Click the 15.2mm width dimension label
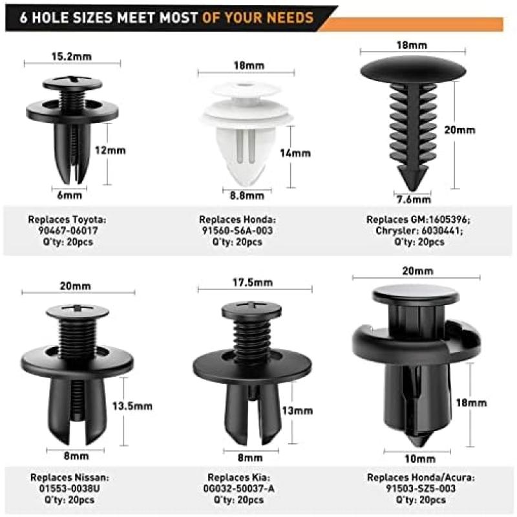pyautogui.click(x=72, y=57)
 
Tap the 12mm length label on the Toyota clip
pyautogui.click(x=111, y=151)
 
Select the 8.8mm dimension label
pyautogui.click(x=247, y=196)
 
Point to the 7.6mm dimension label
pyautogui.click(x=414, y=200)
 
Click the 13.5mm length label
pyautogui.click(x=132, y=406)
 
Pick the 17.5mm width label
pyautogui.click(x=253, y=282)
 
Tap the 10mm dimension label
pyautogui.click(x=420, y=459)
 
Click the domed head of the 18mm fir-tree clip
pyautogui.click(x=413, y=70)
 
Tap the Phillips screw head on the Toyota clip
pyautogui.click(x=72, y=83)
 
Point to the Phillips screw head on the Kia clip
pyautogui.click(x=251, y=310)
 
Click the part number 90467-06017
pyautogui.click(x=69, y=231)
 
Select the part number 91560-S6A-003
pyautogui.click(x=237, y=231)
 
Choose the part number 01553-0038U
pyautogui.click(x=69, y=489)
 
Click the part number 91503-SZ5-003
pyautogui.click(x=421, y=489)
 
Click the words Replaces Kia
pyautogui.click(x=238, y=478)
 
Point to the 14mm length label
pyautogui.click(x=295, y=153)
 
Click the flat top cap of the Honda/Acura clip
pyautogui.click(x=416, y=293)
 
